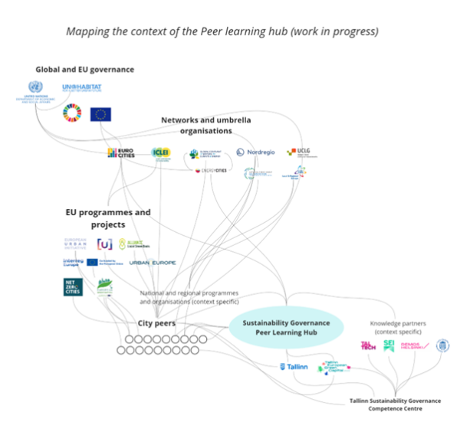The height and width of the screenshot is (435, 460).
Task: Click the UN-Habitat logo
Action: click(x=81, y=89)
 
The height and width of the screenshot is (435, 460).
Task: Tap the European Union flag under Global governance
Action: click(x=100, y=114)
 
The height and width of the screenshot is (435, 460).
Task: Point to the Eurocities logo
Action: click(x=122, y=152)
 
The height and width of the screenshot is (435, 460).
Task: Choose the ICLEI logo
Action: click(x=162, y=154)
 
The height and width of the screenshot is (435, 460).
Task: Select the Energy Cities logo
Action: click(x=211, y=170)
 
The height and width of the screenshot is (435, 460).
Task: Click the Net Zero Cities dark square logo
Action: click(x=74, y=287)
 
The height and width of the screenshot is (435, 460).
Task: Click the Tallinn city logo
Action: click(x=294, y=367)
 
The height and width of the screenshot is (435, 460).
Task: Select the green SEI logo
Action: click(x=389, y=345)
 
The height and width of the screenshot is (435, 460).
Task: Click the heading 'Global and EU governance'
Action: click(x=84, y=70)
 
